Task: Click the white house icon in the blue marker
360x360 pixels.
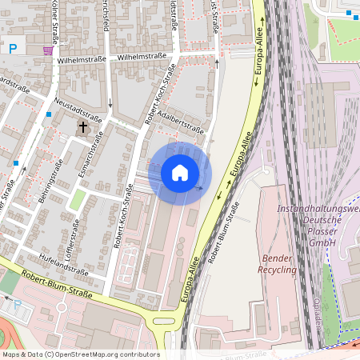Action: coord(180,173)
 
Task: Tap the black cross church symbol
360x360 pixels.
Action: coord(82,127)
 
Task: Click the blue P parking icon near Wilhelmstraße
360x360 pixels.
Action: coord(13,49)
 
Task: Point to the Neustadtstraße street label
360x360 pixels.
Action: coord(78,111)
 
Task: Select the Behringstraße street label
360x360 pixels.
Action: coord(50,180)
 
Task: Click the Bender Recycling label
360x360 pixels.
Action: coord(279,264)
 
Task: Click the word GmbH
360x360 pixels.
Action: coord(322,242)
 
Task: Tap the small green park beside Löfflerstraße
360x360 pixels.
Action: coord(78,199)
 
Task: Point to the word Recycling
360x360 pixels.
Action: coord(279,270)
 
